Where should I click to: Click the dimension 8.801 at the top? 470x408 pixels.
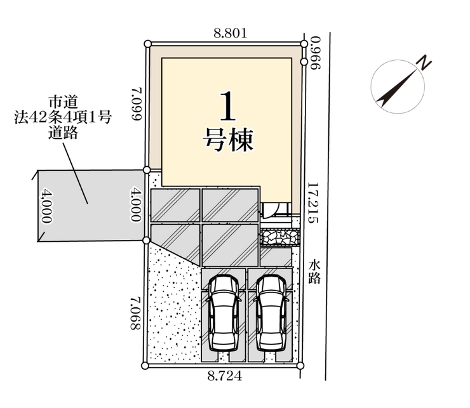(x=230, y=33)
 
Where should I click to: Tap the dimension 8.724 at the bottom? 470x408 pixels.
(x=225, y=376)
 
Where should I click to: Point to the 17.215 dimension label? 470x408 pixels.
(x=313, y=203)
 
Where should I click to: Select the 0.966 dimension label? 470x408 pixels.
(x=315, y=53)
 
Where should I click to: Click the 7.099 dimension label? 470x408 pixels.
(x=137, y=104)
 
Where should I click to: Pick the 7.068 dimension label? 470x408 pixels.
(x=135, y=313)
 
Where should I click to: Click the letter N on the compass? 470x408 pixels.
(x=423, y=63)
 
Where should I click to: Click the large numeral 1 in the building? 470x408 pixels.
(x=228, y=107)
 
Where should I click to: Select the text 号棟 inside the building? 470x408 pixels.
(x=229, y=140)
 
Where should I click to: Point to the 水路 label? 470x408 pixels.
(x=315, y=272)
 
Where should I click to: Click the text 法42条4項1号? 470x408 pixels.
(x=63, y=117)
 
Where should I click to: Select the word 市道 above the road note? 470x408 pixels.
(x=64, y=102)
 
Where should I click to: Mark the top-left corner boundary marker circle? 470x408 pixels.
(x=147, y=44)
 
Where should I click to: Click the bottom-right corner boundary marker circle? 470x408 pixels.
(x=300, y=365)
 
